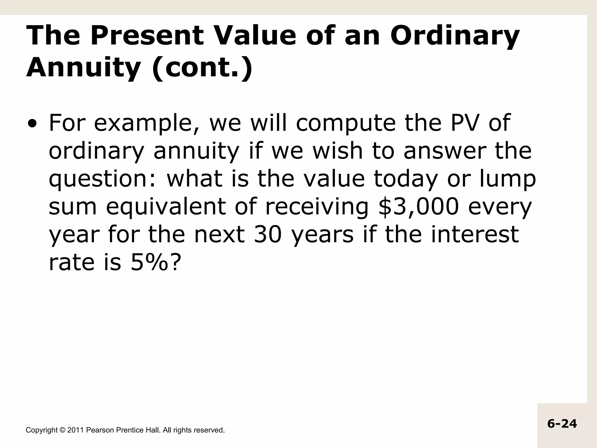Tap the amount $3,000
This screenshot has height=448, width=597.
(418, 207)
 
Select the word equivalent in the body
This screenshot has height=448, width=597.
(166, 207)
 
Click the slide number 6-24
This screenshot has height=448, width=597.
(562, 424)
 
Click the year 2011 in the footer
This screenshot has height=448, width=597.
(75, 430)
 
